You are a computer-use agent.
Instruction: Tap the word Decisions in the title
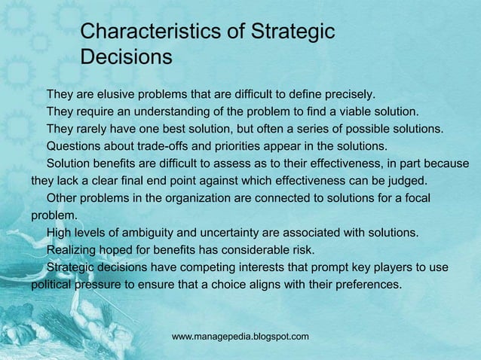(x=126, y=57)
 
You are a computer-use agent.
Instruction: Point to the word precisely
(x=348, y=95)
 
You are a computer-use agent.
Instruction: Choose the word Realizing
(x=75, y=250)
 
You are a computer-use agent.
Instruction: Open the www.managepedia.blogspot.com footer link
(x=240, y=336)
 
